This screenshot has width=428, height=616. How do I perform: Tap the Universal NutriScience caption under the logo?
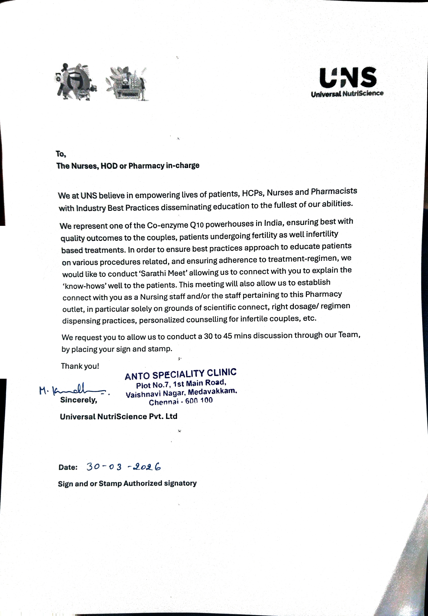point(347,94)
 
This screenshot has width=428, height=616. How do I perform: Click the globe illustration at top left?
point(75,82)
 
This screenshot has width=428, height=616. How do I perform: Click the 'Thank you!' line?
point(80,366)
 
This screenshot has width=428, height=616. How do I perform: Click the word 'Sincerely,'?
point(79,400)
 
